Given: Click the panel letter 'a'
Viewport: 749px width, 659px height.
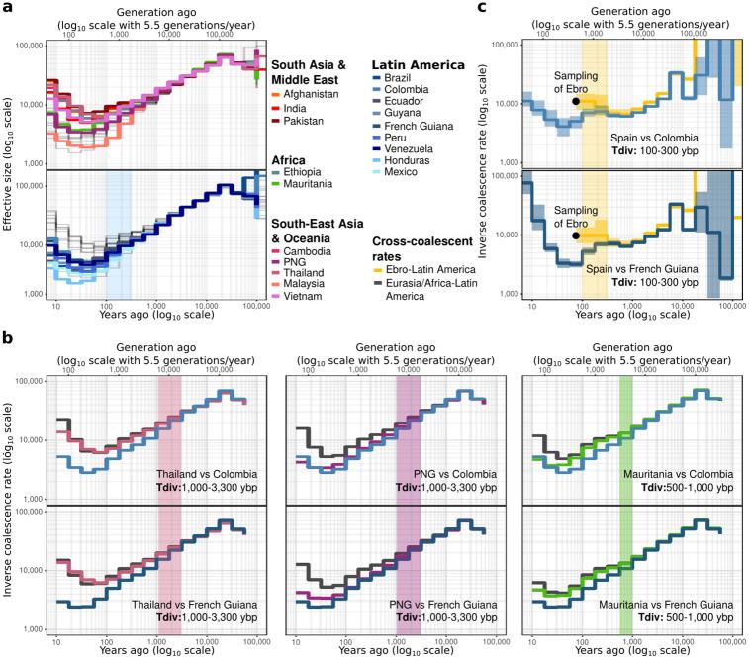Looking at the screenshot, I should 8,8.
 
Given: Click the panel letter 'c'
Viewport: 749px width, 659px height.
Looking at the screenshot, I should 509,8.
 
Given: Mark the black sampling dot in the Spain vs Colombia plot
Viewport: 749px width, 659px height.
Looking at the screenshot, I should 576,101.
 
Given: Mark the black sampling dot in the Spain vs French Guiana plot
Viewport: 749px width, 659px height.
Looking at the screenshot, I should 576,235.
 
